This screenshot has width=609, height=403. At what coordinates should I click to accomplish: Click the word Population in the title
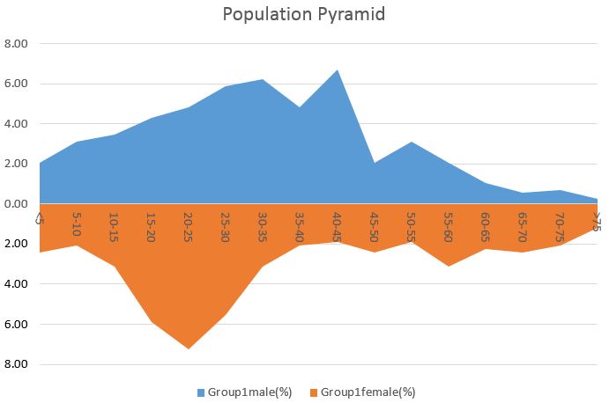tap(268, 15)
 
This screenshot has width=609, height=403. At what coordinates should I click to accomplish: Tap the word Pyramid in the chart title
tap(352, 15)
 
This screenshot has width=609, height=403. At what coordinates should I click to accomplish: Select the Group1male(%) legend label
tap(249, 392)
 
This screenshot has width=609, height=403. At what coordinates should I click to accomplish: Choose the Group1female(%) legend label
tap(368, 392)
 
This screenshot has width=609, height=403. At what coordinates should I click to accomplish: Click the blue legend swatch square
tap(201, 392)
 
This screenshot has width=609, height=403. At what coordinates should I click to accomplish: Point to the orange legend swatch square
tap(314, 392)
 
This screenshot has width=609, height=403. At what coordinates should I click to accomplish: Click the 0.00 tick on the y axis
tap(16, 203)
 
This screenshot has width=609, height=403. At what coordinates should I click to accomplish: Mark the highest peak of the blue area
tap(338, 70)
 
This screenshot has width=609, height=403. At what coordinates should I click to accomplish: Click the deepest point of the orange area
tap(189, 348)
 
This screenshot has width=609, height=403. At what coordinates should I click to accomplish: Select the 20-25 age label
tap(188, 227)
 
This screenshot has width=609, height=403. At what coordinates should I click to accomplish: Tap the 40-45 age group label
tap(337, 227)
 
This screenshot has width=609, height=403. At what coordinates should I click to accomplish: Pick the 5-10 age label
tap(77, 223)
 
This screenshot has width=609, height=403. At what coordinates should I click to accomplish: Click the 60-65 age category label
tap(485, 227)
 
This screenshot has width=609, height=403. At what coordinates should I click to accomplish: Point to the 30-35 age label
tap(263, 227)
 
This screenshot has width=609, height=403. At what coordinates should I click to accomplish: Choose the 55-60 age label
tap(449, 227)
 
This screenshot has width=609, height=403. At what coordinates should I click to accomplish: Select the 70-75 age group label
tap(560, 227)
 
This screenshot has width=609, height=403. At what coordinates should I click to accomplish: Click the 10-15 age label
tap(114, 227)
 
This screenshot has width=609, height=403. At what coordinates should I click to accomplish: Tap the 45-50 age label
tap(374, 227)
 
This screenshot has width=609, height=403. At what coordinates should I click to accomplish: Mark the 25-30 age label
tap(226, 227)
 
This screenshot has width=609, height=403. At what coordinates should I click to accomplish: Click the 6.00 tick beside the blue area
tap(16, 84)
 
